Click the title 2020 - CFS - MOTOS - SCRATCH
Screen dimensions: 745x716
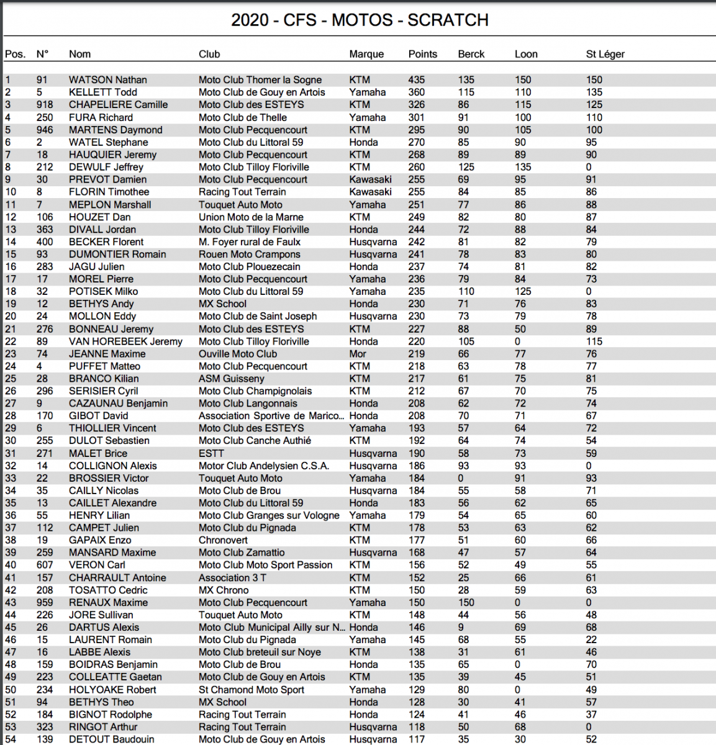tap(360, 20)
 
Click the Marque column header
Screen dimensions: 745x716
tap(366, 54)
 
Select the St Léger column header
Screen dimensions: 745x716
tap(605, 54)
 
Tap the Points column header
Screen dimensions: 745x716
tap(422, 54)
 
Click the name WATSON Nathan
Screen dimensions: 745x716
tap(108, 79)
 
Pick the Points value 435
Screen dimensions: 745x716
tap(416, 79)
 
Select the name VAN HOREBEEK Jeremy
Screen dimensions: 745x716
tap(125, 341)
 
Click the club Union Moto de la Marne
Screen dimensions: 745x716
tap(251, 217)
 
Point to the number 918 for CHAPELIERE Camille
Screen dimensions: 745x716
tap(45, 104)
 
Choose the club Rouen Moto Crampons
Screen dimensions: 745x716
tap(249, 254)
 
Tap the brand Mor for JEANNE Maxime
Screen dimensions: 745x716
tap(358, 354)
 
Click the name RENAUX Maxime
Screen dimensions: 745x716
tap(108, 602)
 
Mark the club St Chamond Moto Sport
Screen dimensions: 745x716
tap(252, 690)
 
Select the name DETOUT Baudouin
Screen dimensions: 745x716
tap(111, 739)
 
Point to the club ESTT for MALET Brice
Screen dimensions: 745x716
tap(211, 453)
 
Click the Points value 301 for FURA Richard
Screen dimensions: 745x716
tap(416, 117)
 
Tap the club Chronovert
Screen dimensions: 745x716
tap(223, 540)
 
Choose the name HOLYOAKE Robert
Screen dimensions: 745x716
tap(112, 690)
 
